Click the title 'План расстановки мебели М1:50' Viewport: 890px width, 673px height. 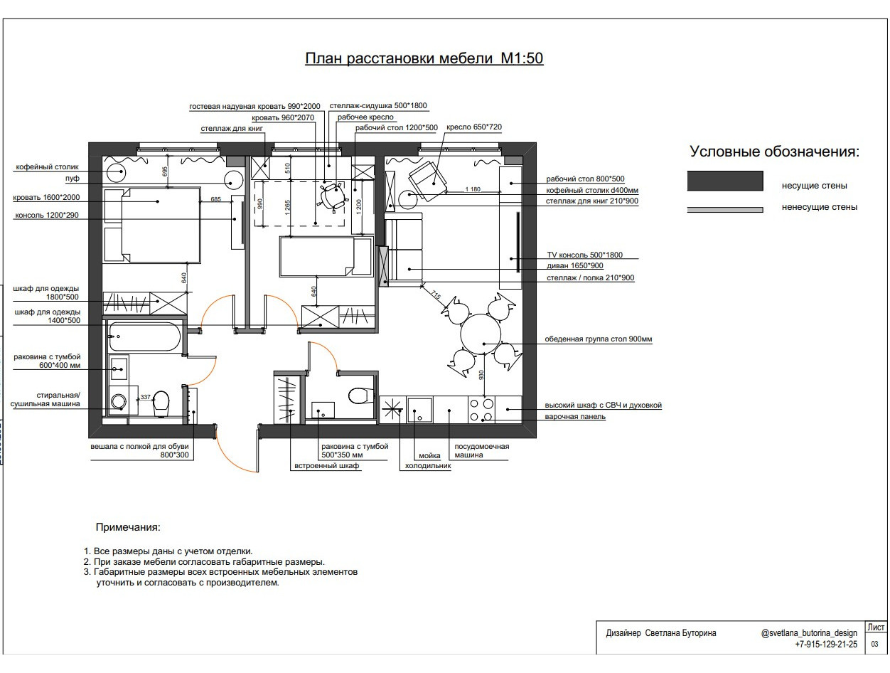pos(424,58)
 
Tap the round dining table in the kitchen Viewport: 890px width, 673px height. pos(481,334)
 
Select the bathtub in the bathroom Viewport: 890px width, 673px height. pos(144,336)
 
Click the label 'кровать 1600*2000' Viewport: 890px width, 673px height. pos(46,198)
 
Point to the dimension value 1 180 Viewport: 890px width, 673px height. pos(473,189)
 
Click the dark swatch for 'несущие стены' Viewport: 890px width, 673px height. pos(725,181)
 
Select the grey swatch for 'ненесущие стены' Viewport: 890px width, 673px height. pos(725,210)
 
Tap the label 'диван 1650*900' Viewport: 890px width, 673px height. pos(575,265)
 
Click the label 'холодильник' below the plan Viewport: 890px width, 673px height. pos(428,466)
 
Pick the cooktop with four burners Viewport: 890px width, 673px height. pos(481,410)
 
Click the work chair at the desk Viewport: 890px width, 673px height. pos(333,196)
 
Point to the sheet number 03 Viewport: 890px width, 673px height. pos(874,644)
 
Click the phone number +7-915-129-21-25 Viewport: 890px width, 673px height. pos(826,645)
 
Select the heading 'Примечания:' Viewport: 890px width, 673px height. pos(128,527)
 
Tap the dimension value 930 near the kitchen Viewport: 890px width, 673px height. pos(481,375)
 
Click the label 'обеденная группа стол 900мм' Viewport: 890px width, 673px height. pos(599,339)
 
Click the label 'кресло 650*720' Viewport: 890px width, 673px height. pos(474,127)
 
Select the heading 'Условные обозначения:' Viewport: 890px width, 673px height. pos(774,152)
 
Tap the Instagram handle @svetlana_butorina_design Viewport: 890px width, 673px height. pos(809,633)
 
